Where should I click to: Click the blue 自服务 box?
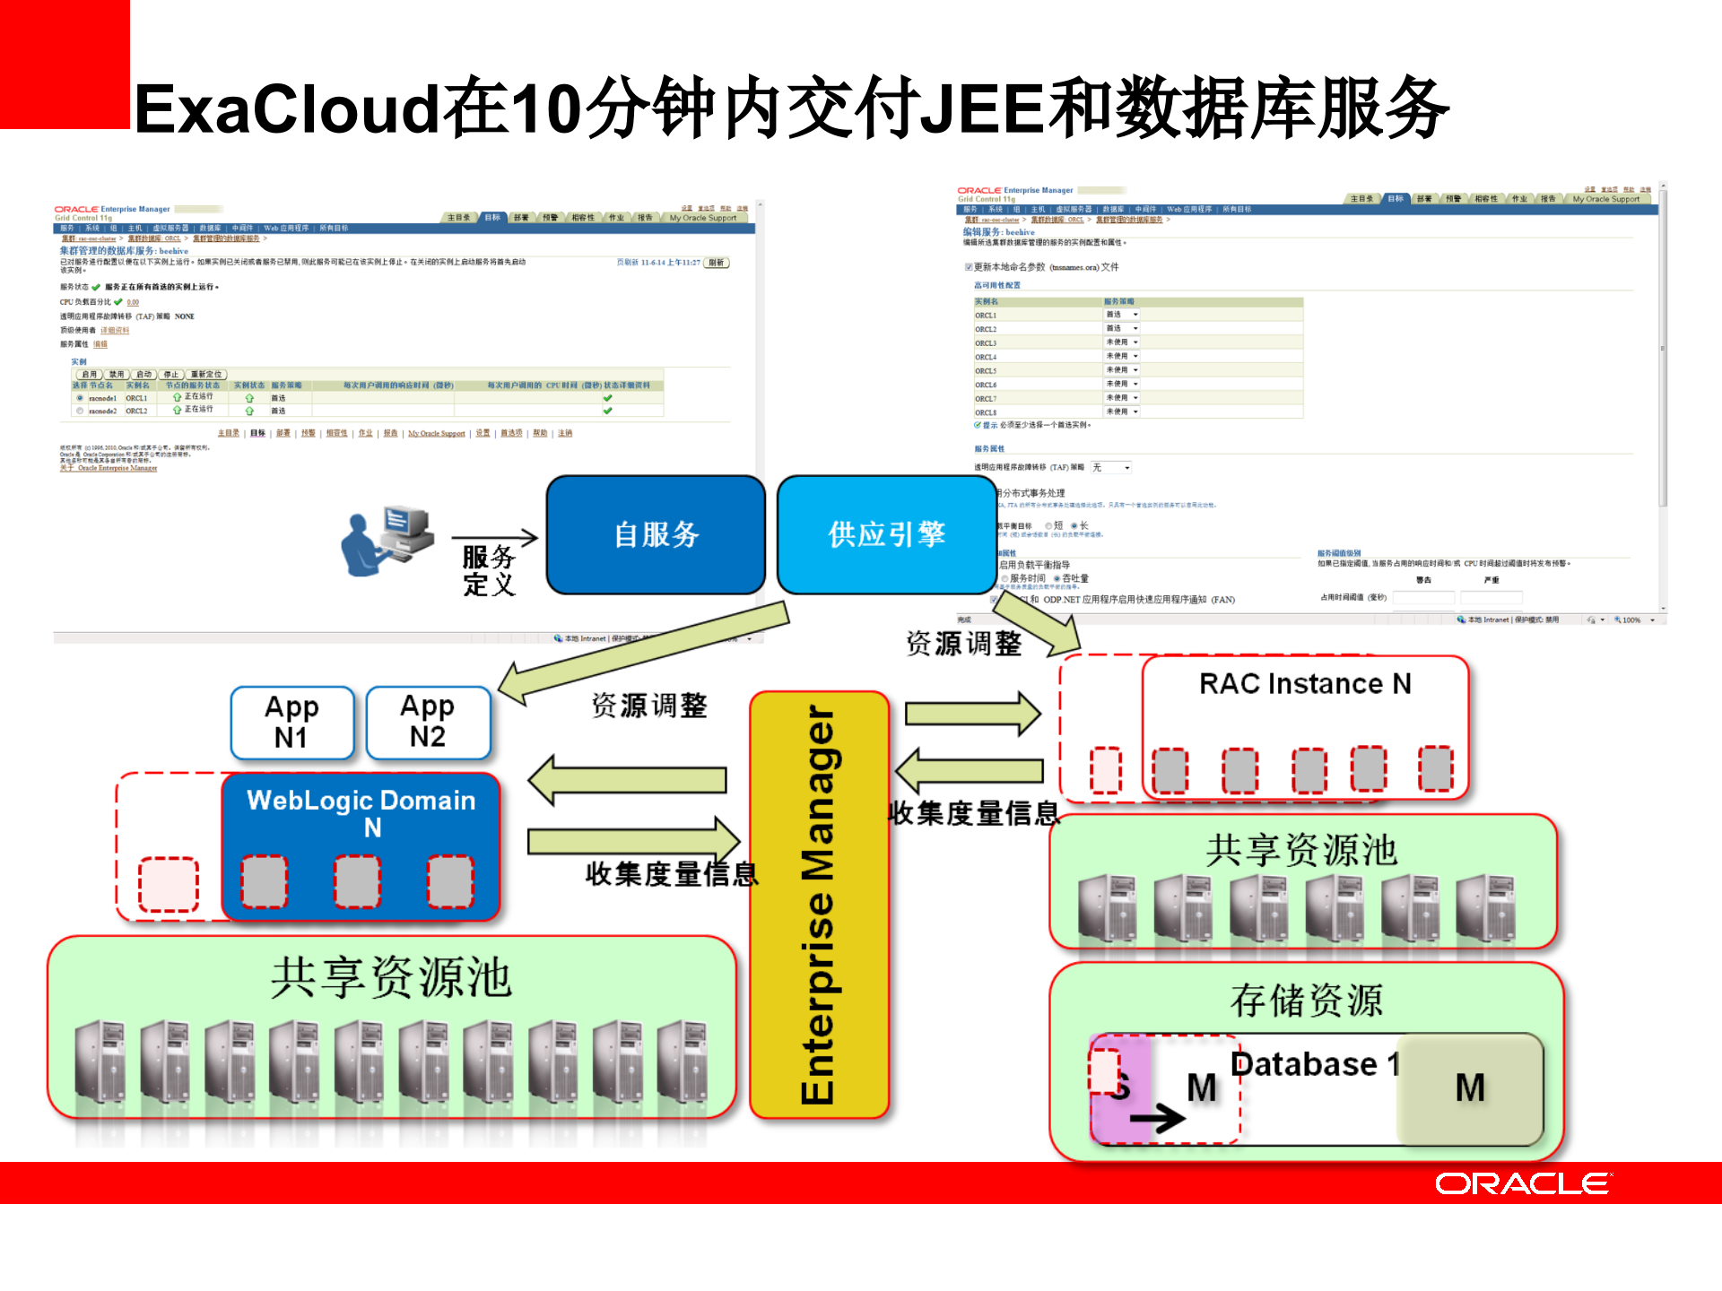(656, 534)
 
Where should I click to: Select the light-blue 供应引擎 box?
(886, 534)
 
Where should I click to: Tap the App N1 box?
(291, 723)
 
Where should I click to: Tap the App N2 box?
(428, 722)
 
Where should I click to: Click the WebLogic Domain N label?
(361, 812)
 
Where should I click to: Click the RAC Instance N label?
(1305, 684)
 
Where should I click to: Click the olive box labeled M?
(1470, 1088)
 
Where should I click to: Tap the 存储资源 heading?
(1307, 1001)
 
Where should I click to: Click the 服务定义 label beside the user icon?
(489, 571)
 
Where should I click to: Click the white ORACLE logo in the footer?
(1523, 1183)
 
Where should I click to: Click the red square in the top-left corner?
(64, 64)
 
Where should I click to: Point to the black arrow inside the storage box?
(1157, 1118)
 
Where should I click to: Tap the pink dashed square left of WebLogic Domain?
(169, 884)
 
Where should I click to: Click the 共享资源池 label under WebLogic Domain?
(391, 977)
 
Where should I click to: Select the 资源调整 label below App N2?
(649, 706)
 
